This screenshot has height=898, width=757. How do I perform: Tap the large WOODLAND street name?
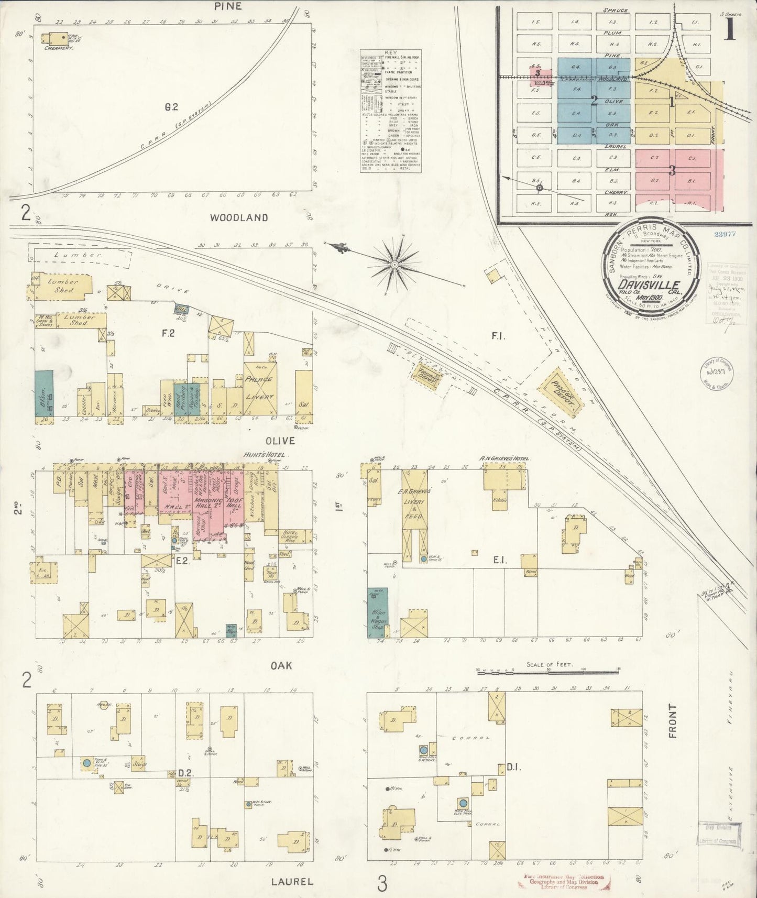pos(239,217)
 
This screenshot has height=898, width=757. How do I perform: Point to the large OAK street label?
pos(281,665)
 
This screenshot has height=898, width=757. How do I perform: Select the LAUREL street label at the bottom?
pos(292,881)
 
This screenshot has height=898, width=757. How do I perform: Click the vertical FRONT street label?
pos(673,721)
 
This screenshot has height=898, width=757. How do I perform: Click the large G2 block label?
pos(171,107)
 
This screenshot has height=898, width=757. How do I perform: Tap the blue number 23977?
pos(725,234)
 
